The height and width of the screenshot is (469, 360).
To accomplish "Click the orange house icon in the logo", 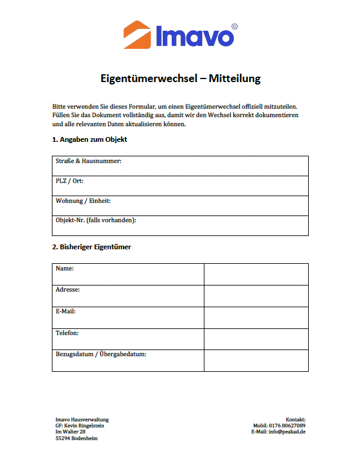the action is pyautogui.click(x=137, y=34).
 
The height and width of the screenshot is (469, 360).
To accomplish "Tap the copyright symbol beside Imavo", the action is pyautogui.click(x=235, y=27).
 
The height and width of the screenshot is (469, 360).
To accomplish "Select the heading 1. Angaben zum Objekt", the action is pyautogui.click(x=90, y=139).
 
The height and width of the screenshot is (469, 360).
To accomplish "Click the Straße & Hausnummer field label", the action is pyautogui.click(x=89, y=161).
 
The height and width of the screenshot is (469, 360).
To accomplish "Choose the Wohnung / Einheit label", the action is pyautogui.click(x=83, y=201).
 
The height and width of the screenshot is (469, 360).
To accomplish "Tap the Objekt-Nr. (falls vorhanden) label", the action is pyautogui.click(x=96, y=220).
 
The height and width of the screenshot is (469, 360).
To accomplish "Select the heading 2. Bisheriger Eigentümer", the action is pyautogui.click(x=92, y=247).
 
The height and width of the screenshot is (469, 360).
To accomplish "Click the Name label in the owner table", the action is pyautogui.click(x=65, y=267).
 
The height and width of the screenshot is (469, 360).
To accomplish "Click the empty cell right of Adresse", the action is pyautogui.click(x=256, y=295).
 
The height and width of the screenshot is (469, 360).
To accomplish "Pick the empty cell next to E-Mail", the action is pyautogui.click(x=256, y=317).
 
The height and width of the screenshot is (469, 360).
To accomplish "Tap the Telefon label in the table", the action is pyautogui.click(x=68, y=333).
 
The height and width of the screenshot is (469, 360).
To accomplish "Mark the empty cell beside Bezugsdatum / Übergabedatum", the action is pyautogui.click(x=256, y=360).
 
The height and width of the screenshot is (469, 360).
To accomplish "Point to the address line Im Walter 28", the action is pyautogui.click(x=71, y=432).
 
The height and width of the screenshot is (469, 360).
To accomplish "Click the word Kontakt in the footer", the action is pyautogui.click(x=295, y=419).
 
